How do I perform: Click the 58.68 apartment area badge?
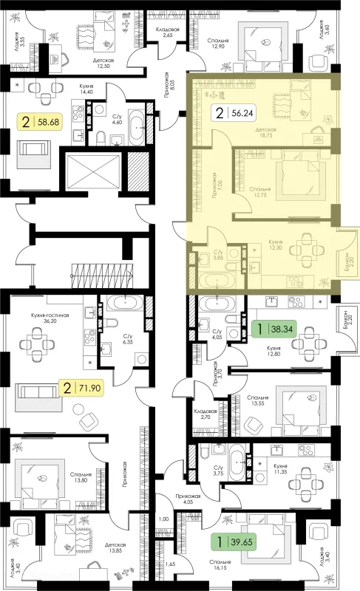(40, 122)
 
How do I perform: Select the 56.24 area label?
(234, 113)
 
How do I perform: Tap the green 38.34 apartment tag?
(274, 329)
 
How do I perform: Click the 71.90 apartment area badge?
(81, 387)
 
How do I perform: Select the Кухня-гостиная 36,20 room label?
(50, 318)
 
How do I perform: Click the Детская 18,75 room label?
(266, 133)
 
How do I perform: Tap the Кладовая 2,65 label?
(168, 33)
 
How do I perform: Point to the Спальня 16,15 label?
(221, 564)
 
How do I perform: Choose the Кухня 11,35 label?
(280, 469)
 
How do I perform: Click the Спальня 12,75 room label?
(260, 192)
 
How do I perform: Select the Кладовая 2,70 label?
(205, 414)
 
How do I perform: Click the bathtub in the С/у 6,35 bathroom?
(124, 303)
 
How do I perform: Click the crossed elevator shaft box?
(92, 172)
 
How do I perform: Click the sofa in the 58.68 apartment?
(34, 150)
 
